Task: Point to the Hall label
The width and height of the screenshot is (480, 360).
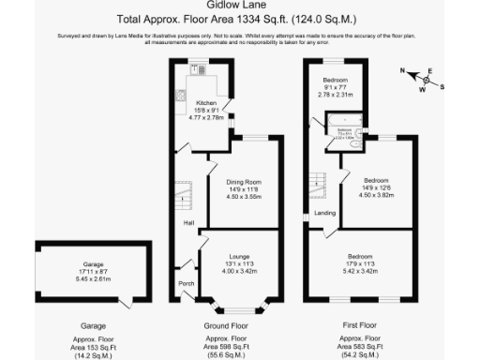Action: (188, 222)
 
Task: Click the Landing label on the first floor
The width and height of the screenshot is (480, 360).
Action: (325, 213)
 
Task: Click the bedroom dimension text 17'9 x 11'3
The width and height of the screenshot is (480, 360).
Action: (361, 263)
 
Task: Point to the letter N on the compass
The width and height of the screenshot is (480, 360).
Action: (402, 71)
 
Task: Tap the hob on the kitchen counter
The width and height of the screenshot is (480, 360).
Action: (181, 95)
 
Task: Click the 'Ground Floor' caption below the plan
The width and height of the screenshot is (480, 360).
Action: (238, 325)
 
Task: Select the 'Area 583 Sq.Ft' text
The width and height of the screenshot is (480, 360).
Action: (361, 346)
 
